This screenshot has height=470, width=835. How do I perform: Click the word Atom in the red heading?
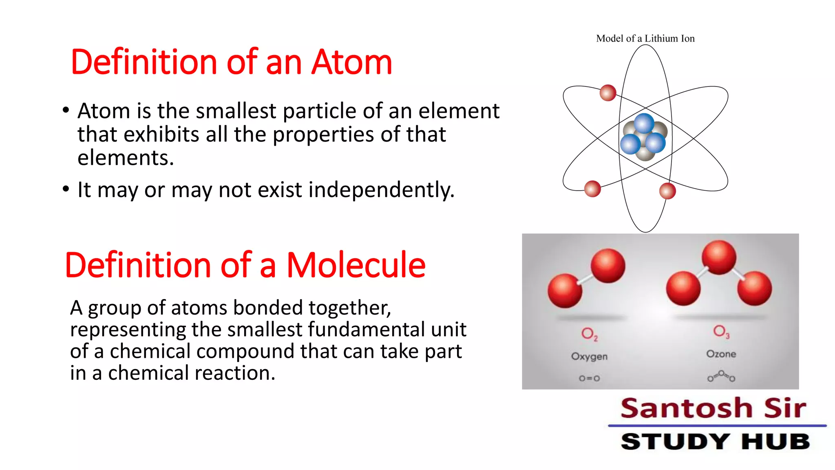(351, 62)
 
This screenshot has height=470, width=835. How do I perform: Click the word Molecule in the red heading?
(356, 265)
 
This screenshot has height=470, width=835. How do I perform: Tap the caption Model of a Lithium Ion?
(645, 38)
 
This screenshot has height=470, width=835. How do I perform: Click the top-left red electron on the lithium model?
(607, 93)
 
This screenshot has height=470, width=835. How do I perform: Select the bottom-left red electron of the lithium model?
(592, 189)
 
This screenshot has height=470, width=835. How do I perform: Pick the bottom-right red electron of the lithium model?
(667, 191)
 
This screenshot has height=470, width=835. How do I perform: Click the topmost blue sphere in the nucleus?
(644, 123)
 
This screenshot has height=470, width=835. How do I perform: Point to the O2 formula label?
(589, 334)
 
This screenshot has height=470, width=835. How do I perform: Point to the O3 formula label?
(721, 331)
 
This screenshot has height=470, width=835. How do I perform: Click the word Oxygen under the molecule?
(589, 356)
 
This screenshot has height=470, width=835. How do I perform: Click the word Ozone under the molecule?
(721, 354)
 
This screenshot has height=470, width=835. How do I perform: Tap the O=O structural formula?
(589, 378)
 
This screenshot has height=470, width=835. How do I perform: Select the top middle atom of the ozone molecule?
(719, 257)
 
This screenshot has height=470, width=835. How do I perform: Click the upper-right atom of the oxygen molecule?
(607, 266)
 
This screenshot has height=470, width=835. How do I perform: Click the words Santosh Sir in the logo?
(713, 408)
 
